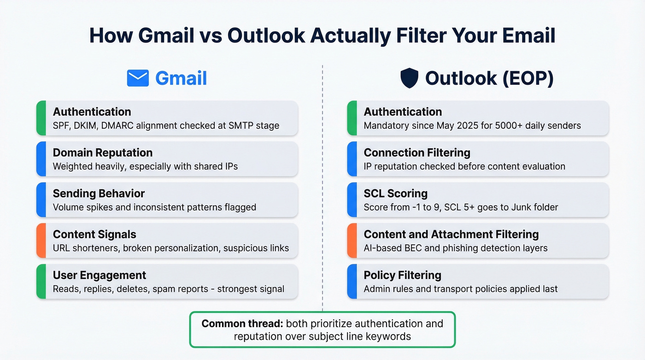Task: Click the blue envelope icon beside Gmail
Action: (x=138, y=78)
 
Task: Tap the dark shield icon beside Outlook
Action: (x=409, y=78)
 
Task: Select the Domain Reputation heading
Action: (x=102, y=153)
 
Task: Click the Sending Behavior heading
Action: (x=99, y=194)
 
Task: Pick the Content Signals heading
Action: (x=94, y=234)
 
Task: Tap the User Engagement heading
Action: (x=100, y=275)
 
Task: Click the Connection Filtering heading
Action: (x=416, y=153)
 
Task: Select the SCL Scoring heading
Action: (x=395, y=194)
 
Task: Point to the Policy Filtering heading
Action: (x=402, y=275)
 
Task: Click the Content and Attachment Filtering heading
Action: (x=451, y=234)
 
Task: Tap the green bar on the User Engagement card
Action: (x=41, y=282)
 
